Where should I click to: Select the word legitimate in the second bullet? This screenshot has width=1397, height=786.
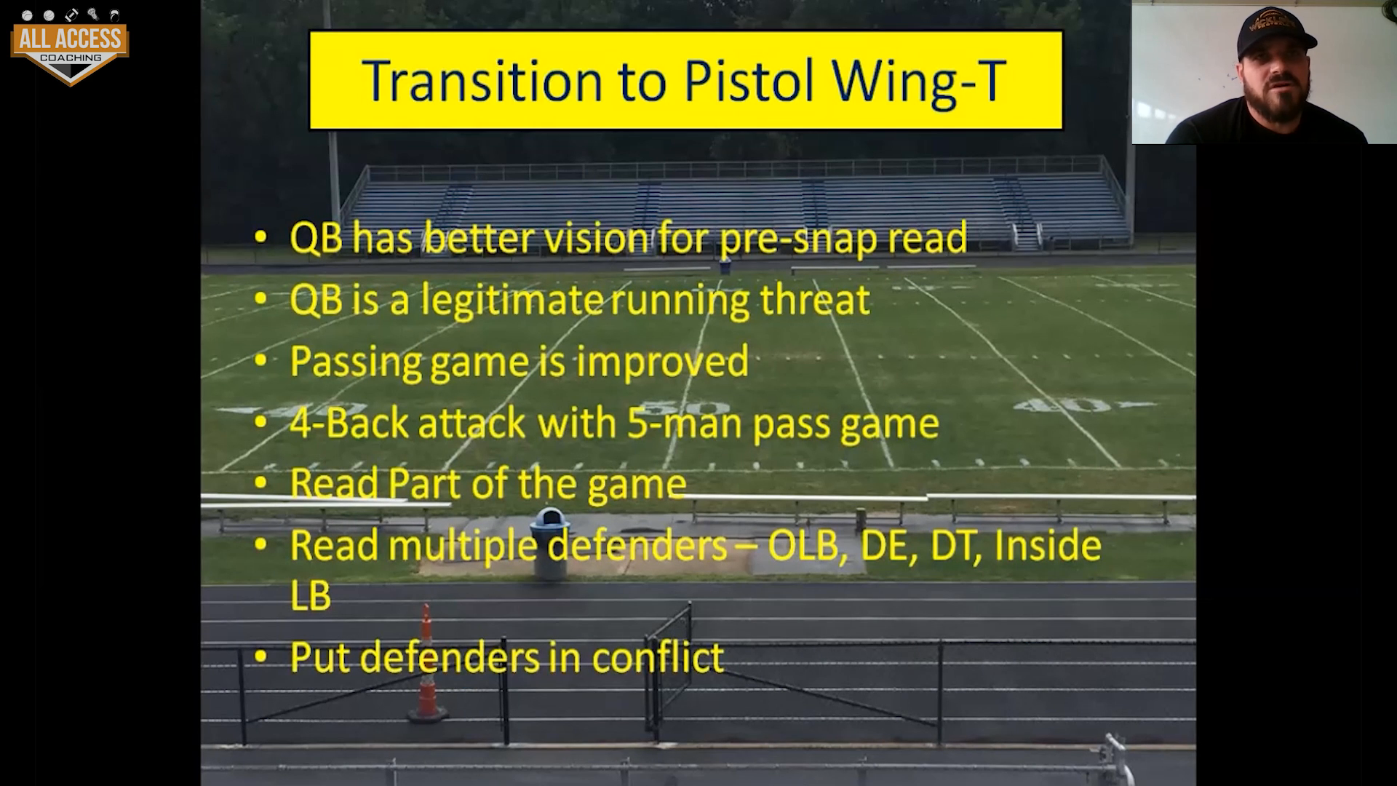pos(513,300)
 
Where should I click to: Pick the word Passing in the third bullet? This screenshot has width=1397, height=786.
pos(355,362)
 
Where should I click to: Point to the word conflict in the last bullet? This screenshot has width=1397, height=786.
pos(658,657)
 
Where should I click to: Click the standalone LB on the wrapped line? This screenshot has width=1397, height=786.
pos(311,595)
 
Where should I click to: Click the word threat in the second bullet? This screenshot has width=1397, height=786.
pos(815,300)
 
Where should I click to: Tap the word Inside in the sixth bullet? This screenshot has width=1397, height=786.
pos(1047,546)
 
